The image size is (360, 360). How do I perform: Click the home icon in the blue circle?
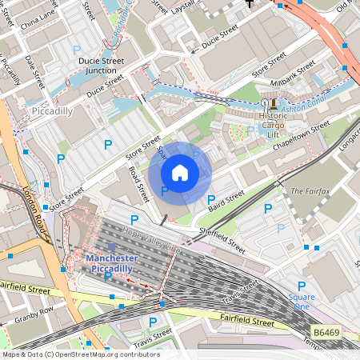(180, 173)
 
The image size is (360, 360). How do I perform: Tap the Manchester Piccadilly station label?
(111, 264)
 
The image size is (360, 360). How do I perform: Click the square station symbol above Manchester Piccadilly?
(110, 247)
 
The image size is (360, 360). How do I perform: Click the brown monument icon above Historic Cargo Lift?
(273, 103)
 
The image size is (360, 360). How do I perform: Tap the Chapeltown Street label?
(301, 134)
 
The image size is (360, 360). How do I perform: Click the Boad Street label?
(138, 183)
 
